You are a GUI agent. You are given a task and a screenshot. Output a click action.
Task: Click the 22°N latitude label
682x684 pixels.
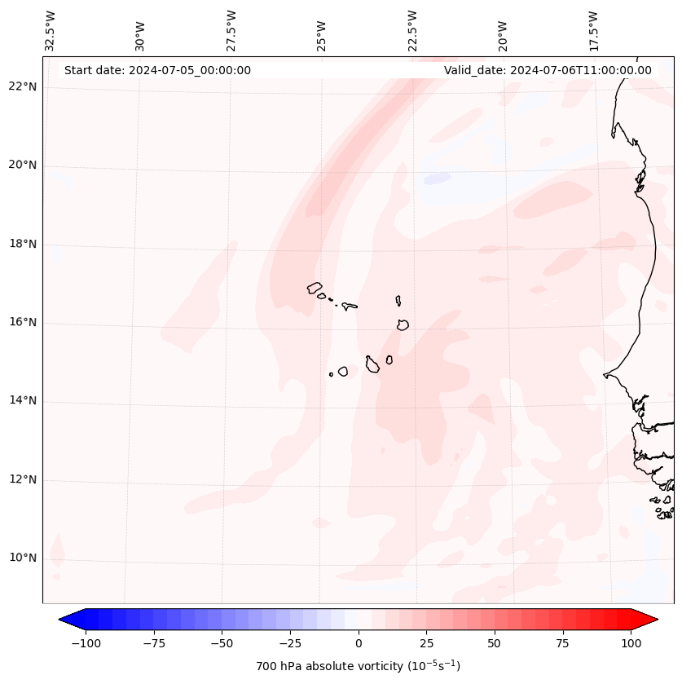[23, 87]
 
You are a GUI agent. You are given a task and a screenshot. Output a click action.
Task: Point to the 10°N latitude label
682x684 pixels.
[23, 558]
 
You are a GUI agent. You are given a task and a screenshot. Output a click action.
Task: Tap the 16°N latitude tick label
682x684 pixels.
[23, 323]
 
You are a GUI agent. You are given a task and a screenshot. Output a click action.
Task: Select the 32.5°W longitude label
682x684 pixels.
[51, 29]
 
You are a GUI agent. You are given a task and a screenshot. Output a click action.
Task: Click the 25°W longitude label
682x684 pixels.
[322, 33]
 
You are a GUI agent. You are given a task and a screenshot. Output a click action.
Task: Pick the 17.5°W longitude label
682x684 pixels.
[593, 29]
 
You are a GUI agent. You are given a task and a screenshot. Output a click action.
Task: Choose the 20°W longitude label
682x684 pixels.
[503, 33]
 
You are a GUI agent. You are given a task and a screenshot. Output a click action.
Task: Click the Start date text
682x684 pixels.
[157, 70]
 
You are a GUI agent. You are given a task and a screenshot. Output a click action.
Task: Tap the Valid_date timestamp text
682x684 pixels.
[548, 70]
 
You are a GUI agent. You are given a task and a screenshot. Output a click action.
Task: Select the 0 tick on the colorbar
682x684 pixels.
[359, 643]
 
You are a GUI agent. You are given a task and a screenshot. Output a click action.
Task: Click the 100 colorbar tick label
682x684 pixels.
[631, 643]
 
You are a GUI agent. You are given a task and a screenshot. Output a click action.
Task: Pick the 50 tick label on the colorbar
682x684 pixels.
[495, 643]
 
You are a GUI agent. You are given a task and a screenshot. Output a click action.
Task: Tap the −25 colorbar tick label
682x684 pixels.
[290, 643]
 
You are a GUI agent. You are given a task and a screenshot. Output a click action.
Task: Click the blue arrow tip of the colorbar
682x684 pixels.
[62, 620]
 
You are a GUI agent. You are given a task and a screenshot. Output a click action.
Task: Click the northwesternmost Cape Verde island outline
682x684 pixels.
[315, 288]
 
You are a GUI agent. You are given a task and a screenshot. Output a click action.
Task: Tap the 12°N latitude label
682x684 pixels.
[23, 480]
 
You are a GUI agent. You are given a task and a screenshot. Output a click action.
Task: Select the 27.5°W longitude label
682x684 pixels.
[231, 29]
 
